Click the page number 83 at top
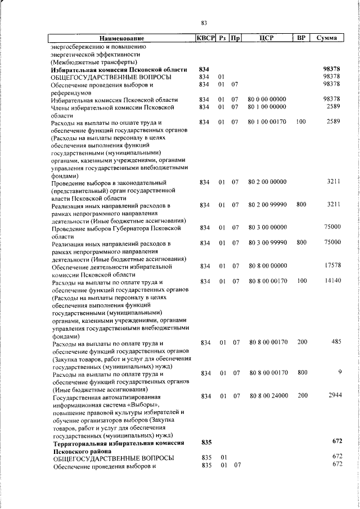[x=204, y=22]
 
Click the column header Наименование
[x=119, y=38]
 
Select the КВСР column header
[x=205, y=38]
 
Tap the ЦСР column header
[x=267, y=38]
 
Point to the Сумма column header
[x=327, y=38]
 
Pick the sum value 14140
[x=332, y=281]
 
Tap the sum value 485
[x=336, y=341]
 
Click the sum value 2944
[x=335, y=396]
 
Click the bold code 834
[x=204, y=69]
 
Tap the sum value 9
[x=340, y=372]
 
